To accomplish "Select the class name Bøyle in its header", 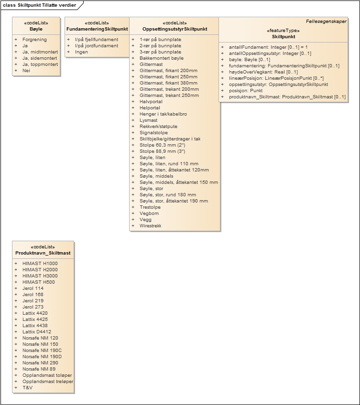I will (x=36, y=29).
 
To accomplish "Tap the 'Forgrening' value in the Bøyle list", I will (x=34, y=40).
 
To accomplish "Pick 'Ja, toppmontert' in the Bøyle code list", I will (x=40, y=64).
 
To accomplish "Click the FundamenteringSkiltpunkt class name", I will (x=97, y=29).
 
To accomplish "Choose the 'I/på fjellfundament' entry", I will (x=97, y=40).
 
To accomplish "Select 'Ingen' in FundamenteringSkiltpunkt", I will (x=81, y=52).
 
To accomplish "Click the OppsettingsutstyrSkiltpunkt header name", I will (x=175, y=29).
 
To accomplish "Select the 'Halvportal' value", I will (x=151, y=102).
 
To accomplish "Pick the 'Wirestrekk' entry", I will (x=150, y=226).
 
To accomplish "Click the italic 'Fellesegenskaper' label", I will (x=326, y=21).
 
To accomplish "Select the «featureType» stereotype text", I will (x=284, y=30).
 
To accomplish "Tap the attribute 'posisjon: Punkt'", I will (x=246, y=91).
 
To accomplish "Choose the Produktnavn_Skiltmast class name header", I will (x=43, y=253).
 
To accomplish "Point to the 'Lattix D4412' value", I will (x=37, y=332).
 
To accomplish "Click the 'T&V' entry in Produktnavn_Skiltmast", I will (x=27, y=388).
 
